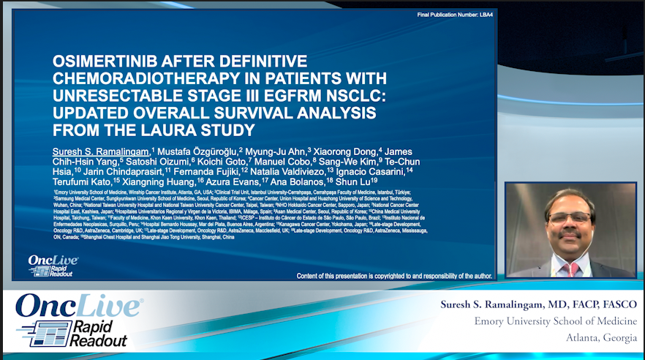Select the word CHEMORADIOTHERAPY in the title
pos(129,79)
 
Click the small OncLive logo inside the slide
pos(48,266)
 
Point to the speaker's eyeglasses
pos(569,218)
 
